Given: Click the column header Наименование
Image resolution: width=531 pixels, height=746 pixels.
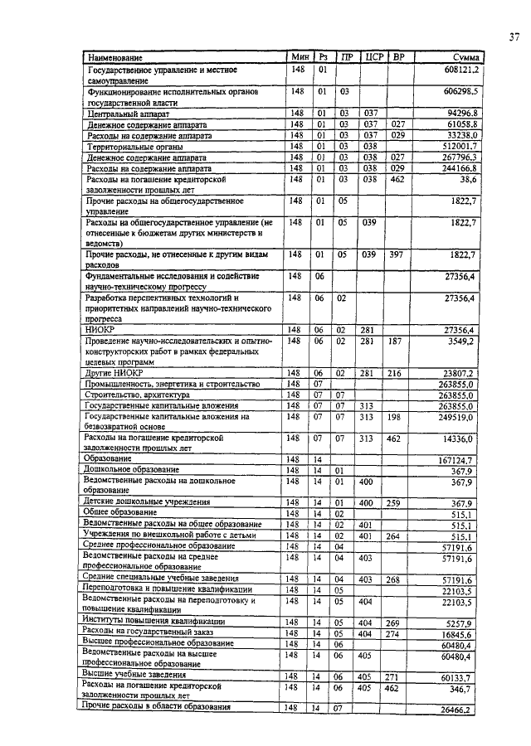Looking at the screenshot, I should pyautogui.click(x=113, y=57).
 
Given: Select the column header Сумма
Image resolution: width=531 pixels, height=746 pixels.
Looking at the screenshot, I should pyautogui.click(x=466, y=57).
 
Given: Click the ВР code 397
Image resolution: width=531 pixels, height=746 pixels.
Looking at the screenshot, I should pyautogui.click(x=398, y=254).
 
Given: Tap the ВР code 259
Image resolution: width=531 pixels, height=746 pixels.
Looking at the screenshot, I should pyautogui.click(x=398, y=502).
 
